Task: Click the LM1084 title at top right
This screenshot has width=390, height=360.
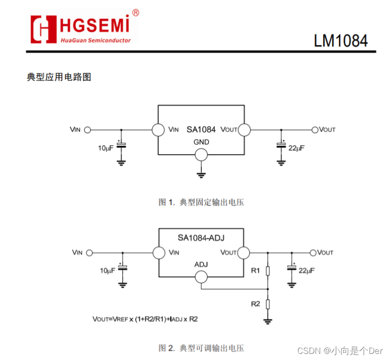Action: pos(340,41)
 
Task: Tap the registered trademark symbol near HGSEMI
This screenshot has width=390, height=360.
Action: pos(135,13)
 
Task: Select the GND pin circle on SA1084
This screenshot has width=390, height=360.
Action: pos(201,155)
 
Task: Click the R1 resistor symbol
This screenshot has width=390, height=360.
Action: pos(267,270)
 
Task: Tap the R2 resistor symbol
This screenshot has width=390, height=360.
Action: pos(267,304)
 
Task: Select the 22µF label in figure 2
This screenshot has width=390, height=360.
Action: pos(307,271)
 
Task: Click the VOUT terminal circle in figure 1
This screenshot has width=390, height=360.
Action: pos(315,129)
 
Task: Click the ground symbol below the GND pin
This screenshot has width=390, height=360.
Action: pos(201,175)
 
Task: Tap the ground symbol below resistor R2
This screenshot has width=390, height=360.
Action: pos(267,321)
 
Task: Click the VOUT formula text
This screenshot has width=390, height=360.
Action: pos(145,319)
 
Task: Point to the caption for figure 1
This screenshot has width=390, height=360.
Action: pos(201,202)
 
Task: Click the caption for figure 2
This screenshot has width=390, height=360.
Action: pos(201,348)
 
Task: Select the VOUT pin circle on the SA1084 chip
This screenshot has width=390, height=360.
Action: pos(244,130)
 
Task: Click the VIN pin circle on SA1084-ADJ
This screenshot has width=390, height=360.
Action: pos(159,253)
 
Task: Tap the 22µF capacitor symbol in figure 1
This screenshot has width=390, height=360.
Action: pos(281,144)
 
